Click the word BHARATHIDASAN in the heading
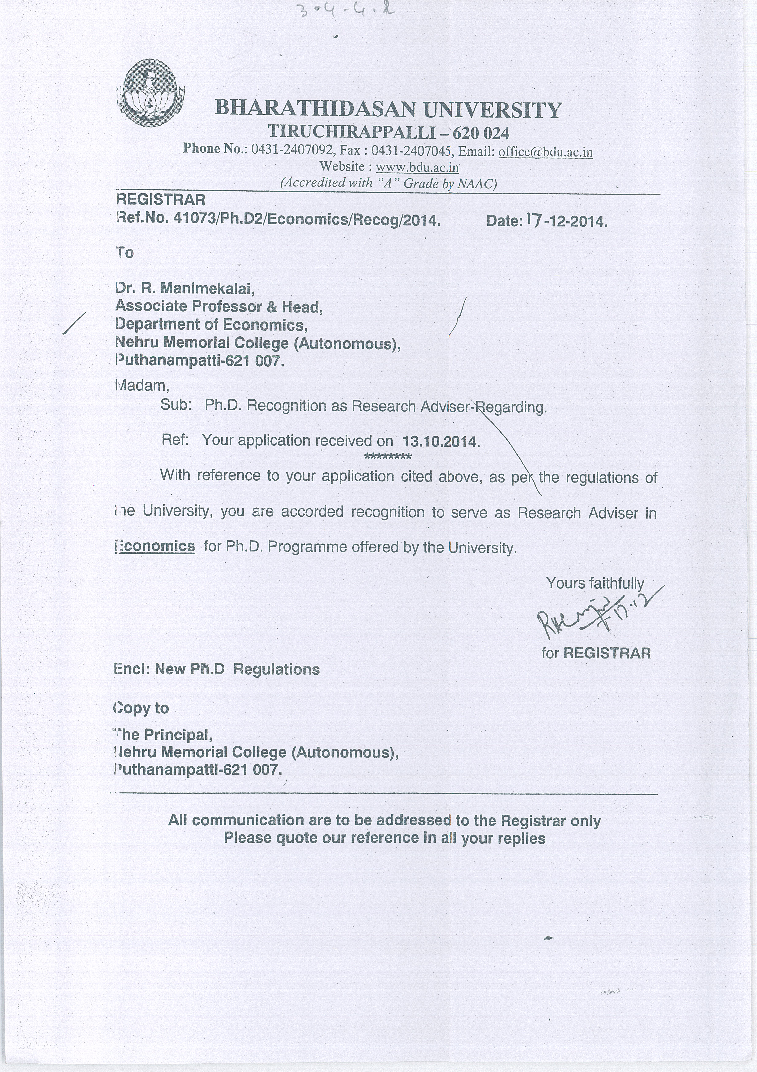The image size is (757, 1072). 315,109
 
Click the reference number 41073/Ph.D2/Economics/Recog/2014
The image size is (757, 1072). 306,219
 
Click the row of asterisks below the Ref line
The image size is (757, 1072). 387,456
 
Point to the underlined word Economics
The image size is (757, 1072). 155,546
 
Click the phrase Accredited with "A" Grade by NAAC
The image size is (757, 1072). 388,183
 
